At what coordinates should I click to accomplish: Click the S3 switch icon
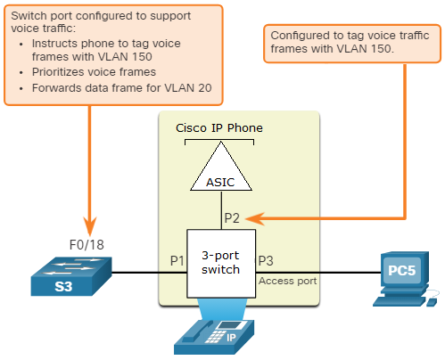point(71,276)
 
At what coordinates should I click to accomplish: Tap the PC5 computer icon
point(405,279)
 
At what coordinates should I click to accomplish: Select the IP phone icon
point(214,337)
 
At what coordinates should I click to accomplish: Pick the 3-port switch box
point(221,264)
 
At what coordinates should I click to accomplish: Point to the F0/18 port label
point(87,245)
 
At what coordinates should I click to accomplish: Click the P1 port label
point(177,261)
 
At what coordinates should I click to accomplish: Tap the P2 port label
point(232,218)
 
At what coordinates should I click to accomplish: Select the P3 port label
point(266,261)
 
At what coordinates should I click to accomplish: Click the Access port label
point(287,281)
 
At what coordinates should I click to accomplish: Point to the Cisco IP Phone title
point(219,128)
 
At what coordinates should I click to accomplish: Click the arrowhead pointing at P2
point(255,219)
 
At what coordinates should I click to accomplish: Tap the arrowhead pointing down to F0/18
point(90,226)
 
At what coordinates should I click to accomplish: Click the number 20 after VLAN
point(204,88)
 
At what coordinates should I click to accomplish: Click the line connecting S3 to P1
point(149,273)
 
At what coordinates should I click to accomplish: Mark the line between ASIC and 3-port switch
point(221,210)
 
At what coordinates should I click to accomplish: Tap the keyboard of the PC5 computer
point(399,301)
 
